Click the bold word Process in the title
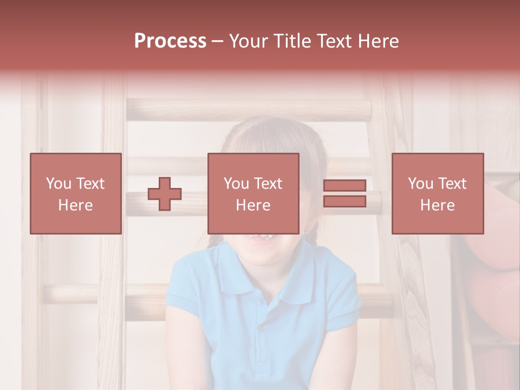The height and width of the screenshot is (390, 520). (x=170, y=41)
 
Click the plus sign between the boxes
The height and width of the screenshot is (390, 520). (x=165, y=194)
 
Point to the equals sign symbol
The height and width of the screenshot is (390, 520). (x=344, y=193)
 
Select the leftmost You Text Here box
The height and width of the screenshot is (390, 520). (x=76, y=193)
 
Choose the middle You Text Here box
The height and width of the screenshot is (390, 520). (x=253, y=193)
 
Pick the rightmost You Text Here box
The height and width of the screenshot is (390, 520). (x=438, y=193)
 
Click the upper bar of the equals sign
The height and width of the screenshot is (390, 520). (x=344, y=186)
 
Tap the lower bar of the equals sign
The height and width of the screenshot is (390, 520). (x=344, y=201)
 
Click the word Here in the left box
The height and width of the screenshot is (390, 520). (x=76, y=205)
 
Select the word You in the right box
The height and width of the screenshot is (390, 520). (x=420, y=184)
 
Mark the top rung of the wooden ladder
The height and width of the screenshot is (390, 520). (x=249, y=110)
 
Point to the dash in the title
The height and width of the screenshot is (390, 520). (x=218, y=41)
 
